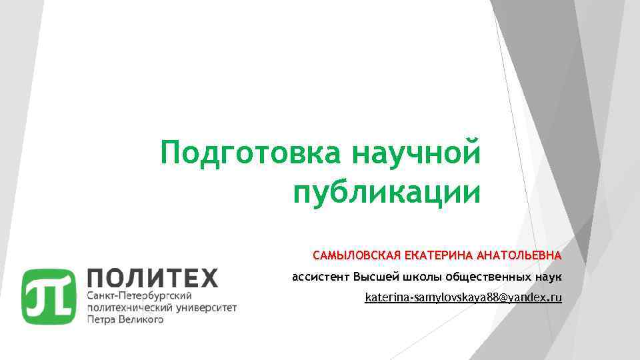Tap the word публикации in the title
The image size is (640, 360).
[386, 193]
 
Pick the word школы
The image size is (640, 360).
[422, 276]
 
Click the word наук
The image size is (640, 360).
[548, 276]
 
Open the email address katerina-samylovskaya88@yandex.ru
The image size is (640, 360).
[463, 297]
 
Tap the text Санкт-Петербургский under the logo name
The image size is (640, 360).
[140, 295]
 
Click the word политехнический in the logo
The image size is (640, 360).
[129, 307]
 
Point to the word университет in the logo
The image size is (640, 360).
[206, 307]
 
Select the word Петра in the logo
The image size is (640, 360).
[102, 320]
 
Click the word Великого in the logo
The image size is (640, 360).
[141, 320]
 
